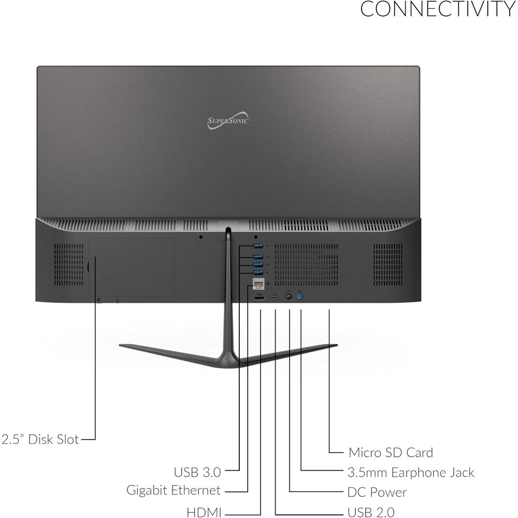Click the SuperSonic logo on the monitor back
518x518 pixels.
(x=228, y=120)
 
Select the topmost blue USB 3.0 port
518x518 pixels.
(x=257, y=246)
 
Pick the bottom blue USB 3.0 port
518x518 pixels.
(x=257, y=272)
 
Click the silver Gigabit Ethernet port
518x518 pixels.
(x=258, y=283)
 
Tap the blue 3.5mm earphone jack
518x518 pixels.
(x=299, y=297)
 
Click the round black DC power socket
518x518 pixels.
(x=289, y=297)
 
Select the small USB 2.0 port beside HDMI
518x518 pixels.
(x=275, y=298)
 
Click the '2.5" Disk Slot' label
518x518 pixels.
(x=40, y=439)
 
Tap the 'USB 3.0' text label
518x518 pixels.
(x=197, y=472)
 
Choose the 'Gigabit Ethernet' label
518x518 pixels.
(x=174, y=490)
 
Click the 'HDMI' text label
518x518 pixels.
(x=204, y=512)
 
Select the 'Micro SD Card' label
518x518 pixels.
(x=391, y=453)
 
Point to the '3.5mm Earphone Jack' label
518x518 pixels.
(x=411, y=473)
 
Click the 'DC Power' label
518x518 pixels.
(x=377, y=492)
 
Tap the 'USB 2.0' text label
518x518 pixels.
(x=371, y=512)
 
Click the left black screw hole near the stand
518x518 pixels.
(x=201, y=237)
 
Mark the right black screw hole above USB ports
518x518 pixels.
(x=256, y=237)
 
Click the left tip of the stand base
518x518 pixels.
(x=120, y=346)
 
